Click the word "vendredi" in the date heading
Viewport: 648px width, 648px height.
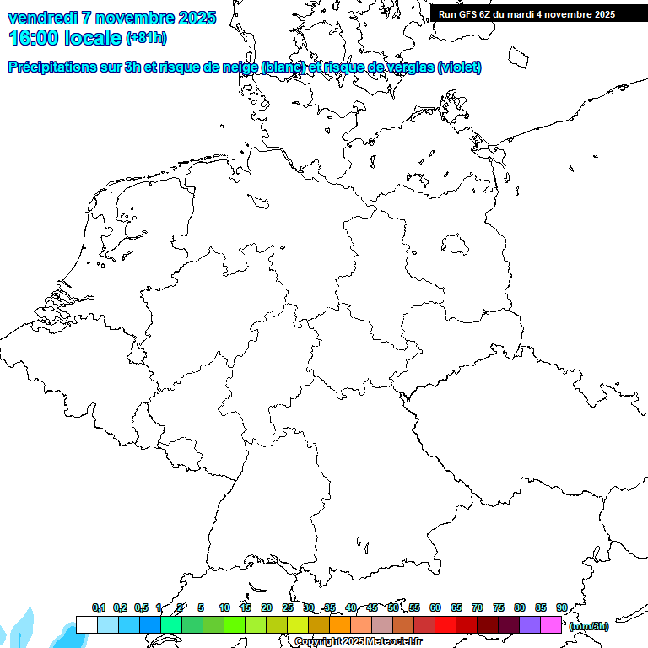click(x=41, y=18)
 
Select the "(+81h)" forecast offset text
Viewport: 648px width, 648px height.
click(x=146, y=38)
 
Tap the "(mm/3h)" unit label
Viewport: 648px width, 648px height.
click(x=589, y=626)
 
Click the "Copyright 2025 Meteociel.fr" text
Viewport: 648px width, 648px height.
click(x=358, y=642)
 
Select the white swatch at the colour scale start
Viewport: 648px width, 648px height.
click(x=86, y=624)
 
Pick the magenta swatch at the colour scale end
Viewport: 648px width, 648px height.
click(x=551, y=624)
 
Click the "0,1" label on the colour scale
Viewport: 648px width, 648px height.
click(x=99, y=607)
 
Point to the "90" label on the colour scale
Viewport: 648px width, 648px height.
click(x=562, y=607)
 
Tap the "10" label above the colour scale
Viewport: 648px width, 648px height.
click(x=224, y=607)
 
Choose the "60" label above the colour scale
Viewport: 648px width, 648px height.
click(x=435, y=607)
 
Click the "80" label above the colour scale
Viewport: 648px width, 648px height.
click(x=520, y=607)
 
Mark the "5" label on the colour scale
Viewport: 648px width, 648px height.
click(x=201, y=607)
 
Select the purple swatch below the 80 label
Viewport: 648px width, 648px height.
click(x=530, y=624)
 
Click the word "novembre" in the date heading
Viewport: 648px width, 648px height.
click(x=137, y=18)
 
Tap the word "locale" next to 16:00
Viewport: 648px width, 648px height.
click(x=92, y=37)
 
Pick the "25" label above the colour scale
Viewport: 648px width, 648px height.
click(x=288, y=607)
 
